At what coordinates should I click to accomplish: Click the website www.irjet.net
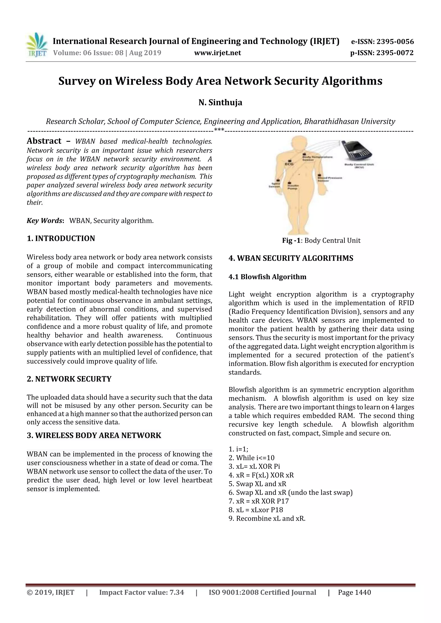click(217, 53)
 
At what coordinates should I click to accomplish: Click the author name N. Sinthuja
click(220, 103)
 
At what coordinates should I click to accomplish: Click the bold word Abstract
click(44, 141)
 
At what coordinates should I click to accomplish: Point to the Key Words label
click(45, 221)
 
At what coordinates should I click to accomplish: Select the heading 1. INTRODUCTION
click(61, 238)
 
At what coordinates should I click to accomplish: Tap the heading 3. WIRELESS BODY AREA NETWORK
click(94, 435)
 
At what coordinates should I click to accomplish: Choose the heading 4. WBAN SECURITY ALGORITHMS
click(291, 258)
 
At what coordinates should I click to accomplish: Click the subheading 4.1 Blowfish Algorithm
click(267, 277)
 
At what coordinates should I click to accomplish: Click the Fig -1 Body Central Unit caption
click(321, 241)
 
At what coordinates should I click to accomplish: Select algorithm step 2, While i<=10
click(252, 458)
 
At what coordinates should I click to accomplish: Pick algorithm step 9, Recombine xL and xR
click(267, 519)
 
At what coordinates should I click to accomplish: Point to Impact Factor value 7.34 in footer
click(141, 593)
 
